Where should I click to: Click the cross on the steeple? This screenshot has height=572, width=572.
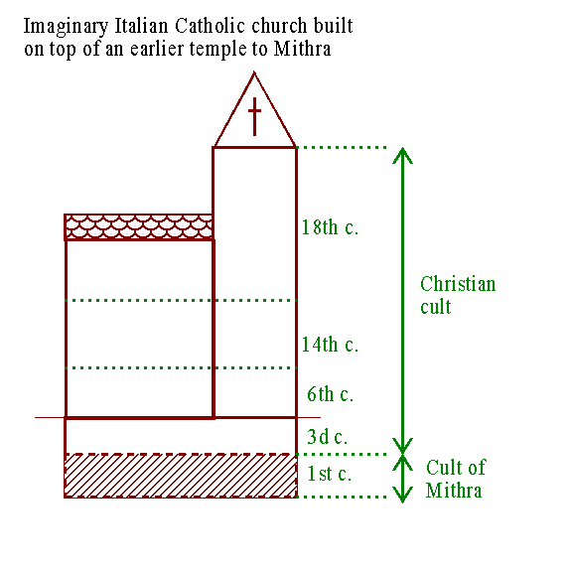(254, 116)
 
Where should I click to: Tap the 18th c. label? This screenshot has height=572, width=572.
(330, 226)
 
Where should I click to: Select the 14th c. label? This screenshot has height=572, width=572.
(330, 344)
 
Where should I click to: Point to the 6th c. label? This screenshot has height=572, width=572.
(330, 394)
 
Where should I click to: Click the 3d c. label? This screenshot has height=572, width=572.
(328, 437)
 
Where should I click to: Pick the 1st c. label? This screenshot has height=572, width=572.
(330, 474)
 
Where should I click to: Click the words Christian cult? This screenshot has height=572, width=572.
(458, 295)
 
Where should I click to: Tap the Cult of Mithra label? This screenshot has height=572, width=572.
(456, 479)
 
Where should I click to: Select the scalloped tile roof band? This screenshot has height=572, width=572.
(139, 226)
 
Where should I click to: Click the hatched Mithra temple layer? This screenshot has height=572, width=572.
(181, 476)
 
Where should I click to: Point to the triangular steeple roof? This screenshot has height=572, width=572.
(254, 109)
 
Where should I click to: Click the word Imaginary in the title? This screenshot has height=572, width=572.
(66, 27)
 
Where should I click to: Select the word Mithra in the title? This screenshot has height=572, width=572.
(302, 49)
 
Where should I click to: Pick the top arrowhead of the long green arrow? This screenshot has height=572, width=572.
(402, 155)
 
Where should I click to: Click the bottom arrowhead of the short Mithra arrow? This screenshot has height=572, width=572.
(402, 495)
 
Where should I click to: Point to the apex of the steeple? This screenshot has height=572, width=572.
(254, 72)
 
